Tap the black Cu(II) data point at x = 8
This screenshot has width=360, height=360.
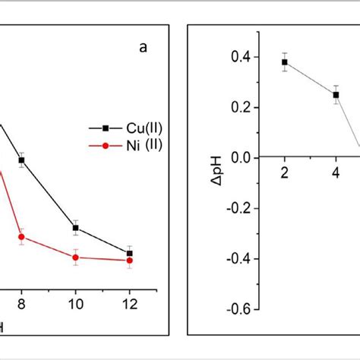click(x=21, y=160)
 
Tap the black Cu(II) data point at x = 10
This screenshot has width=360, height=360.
click(x=75, y=228)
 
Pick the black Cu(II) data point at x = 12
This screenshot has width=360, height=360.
click(x=130, y=253)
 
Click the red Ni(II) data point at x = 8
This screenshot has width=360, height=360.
click(x=21, y=237)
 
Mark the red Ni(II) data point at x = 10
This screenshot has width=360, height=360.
click(x=75, y=257)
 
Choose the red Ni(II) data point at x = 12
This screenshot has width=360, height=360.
click(x=130, y=261)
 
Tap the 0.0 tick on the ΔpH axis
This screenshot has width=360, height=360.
click(x=241, y=157)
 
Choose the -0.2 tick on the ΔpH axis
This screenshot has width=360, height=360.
click(x=238, y=208)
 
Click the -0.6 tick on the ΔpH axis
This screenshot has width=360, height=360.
click(x=238, y=310)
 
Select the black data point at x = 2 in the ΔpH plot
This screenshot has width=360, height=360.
click(x=285, y=62)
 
